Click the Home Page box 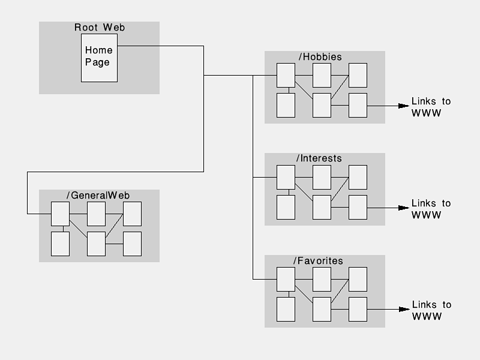tap(99, 57)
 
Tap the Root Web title tap(100, 27)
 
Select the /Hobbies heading tap(320, 57)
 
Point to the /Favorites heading tap(318, 261)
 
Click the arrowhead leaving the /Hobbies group tap(403, 106)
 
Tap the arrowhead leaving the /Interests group tap(403, 208)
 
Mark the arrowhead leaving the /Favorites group tap(403, 310)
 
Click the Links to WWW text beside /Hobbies tap(431, 107)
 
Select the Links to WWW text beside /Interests tap(431, 209)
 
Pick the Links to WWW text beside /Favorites tap(431, 311)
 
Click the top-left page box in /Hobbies tap(286, 75)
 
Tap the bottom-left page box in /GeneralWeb tap(60, 244)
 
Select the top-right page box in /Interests tap(358, 177)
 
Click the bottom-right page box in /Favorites tap(358, 309)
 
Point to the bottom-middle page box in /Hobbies tap(322, 105)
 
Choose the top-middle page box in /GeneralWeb tap(96, 214)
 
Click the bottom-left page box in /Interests tap(286, 207)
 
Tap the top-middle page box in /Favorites tap(322, 279)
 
